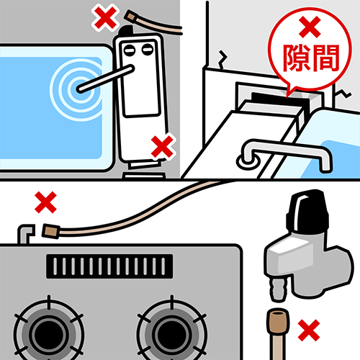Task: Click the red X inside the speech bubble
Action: pos(310,27)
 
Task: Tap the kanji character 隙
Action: pos(297,58)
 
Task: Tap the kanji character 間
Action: pos(325,58)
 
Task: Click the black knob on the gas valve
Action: pos(307,211)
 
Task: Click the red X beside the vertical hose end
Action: pos(309,330)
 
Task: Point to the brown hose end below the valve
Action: pos(279,321)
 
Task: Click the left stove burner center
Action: pos(49,334)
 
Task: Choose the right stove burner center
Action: pos(172,334)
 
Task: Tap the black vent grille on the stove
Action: pos(109,266)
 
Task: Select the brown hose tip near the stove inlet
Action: pos(51,231)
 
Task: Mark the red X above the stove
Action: pos(45,202)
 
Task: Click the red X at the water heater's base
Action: pos(163,146)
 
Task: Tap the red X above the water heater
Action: pos(105,18)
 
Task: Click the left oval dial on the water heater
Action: pos(129,50)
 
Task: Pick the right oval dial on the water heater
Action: pos(148,50)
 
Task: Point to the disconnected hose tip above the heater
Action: pos(130,17)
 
